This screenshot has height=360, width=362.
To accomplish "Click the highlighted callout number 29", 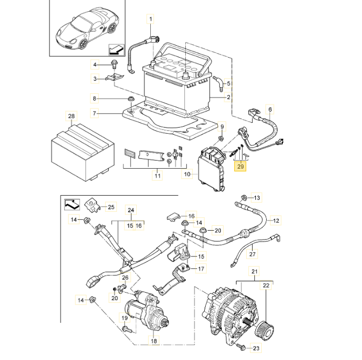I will (x=240, y=167).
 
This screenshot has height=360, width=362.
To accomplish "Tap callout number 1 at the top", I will (x=151, y=19).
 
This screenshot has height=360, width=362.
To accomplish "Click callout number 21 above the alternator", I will (x=255, y=273).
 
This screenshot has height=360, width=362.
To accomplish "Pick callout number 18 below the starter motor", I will (x=153, y=341).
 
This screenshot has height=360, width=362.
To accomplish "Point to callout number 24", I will (x=130, y=210).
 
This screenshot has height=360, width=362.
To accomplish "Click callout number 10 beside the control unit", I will (x=187, y=175).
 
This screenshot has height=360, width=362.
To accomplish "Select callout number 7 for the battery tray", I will (x=94, y=113).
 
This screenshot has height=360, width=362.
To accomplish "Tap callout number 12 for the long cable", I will (x=275, y=220).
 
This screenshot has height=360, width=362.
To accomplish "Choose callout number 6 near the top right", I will (x=271, y=109).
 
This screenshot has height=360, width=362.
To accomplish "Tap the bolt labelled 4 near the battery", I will (x=114, y=65).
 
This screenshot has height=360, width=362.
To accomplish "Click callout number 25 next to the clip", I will (x=111, y=207).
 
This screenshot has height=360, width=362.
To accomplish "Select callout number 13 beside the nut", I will (x=257, y=197).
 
